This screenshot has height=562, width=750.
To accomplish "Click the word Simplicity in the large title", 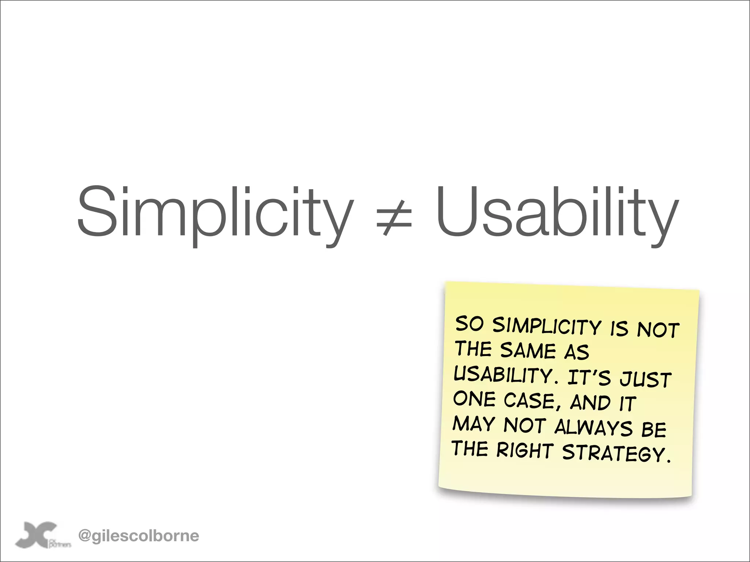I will [215, 212].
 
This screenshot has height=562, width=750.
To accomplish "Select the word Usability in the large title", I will [557, 212].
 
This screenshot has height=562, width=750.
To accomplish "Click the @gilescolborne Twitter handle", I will [139, 536].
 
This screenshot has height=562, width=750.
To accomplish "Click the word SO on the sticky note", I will [469, 324].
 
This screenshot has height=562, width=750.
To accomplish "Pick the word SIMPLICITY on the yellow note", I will [547, 326].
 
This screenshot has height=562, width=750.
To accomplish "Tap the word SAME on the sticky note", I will [528, 351].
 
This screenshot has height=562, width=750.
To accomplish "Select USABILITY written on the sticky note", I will [504, 375].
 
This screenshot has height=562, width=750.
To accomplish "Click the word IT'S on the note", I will [589, 378].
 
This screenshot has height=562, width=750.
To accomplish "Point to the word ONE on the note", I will [474, 399].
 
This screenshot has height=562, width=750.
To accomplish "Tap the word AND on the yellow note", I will [590, 403].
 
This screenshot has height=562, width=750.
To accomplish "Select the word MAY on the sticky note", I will [474, 424].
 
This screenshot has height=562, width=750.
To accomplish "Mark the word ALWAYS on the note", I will [594, 427].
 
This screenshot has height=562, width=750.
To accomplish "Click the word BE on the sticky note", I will [654, 429].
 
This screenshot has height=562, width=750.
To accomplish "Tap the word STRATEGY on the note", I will [616, 453].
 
